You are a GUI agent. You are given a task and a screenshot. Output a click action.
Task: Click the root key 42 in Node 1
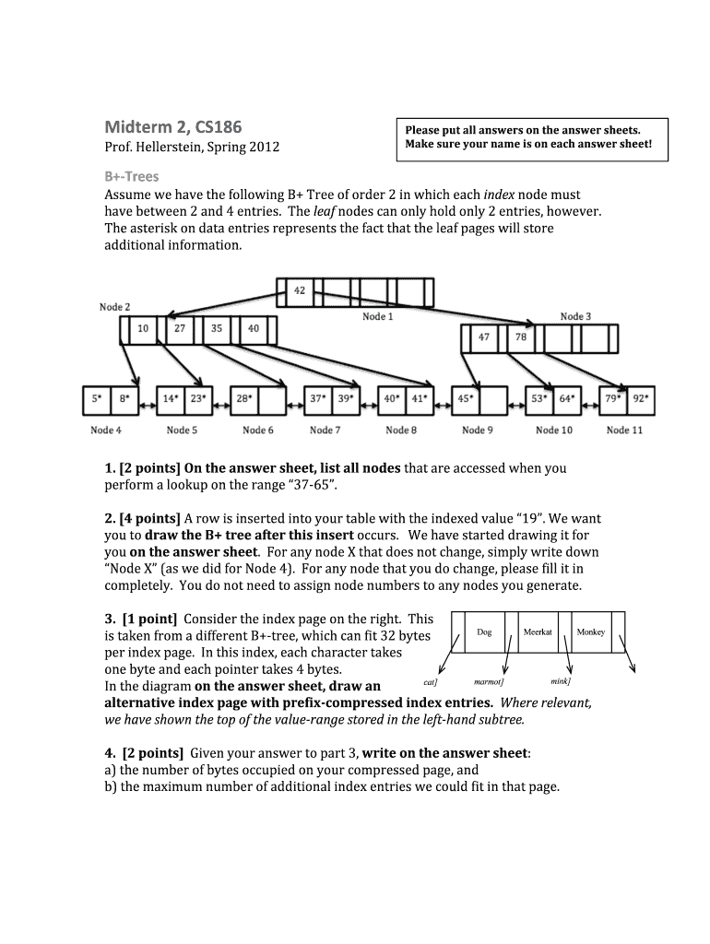(x=300, y=290)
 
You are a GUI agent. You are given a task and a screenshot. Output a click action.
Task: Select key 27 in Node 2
(x=180, y=329)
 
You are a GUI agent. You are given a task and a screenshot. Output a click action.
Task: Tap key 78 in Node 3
(x=521, y=337)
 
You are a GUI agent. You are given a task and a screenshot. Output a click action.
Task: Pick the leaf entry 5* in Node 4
(x=97, y=398)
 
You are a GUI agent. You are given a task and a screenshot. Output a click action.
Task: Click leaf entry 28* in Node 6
(x=244, y=398)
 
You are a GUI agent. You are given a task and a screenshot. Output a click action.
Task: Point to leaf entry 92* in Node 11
(x=641, y=398)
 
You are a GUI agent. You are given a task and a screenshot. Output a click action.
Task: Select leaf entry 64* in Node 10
(x=567, y=398)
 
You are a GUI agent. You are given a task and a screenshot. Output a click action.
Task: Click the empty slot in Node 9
(x=494, y=401)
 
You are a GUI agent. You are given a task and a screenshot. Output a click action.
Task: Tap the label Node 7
(x=325, y=430)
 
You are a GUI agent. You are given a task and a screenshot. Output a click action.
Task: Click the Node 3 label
(x=575, y=317)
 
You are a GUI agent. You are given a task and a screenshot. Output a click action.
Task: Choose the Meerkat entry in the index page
(x=538, y=632)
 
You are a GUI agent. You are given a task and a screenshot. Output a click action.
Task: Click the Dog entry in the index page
(x=484, y=632)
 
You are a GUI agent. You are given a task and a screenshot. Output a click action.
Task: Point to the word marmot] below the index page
(x=489, y=682)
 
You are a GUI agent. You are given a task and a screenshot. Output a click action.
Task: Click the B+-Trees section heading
(x=132, y=177)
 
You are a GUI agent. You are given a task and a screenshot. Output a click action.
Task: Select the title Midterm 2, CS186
(x=173, y=127)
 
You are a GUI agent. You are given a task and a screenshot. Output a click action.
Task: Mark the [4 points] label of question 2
(x=150, y=519)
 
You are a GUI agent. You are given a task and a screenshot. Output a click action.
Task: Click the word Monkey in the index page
(x=591, y=632)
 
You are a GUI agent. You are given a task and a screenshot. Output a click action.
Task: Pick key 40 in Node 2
(x=254, y=329)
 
